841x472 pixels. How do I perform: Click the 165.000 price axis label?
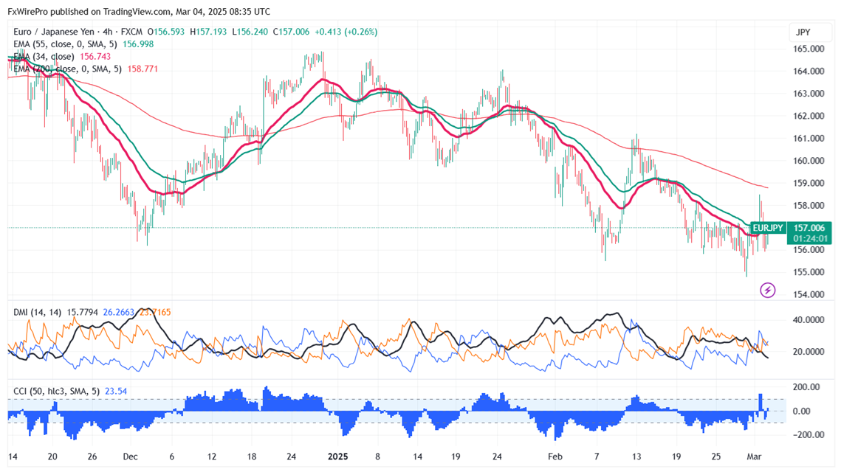click(x=809, y=49)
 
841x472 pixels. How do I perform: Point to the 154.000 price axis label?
click(x=809, y=294)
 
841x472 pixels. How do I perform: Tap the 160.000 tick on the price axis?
click(x=809, y=161)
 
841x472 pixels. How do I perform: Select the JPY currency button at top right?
click(x=803, y=32)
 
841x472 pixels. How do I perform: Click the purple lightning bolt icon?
click(x=768, y=291)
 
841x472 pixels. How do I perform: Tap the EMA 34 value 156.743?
click(x=95, y=57)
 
